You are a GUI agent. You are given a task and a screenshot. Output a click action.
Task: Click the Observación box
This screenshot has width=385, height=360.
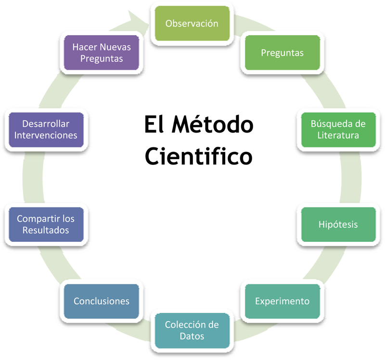(x=192, y=24)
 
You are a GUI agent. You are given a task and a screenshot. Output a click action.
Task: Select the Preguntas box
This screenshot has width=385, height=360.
(x=282, y=53)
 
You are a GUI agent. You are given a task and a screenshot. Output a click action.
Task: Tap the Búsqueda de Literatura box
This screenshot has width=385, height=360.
(x=338, y=130)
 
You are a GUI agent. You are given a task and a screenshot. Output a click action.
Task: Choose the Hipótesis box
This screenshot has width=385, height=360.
(x=338, y=224)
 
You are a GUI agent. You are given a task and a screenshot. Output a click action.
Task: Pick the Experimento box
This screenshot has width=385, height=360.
(x=282, y=301)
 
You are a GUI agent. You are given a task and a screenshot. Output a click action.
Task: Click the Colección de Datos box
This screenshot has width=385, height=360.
(x=192, y=330)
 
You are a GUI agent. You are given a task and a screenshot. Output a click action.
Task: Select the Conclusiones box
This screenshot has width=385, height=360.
(x=101, y=301)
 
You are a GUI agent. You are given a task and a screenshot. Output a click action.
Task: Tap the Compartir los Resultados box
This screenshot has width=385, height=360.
(x=46, y=224)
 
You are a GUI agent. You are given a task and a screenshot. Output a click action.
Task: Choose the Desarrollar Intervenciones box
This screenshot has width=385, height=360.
(x=46, y=130)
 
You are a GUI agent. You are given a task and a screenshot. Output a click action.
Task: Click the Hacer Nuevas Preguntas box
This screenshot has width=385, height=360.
(x=102, y=53)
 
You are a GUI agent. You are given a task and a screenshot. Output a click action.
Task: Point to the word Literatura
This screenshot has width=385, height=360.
(x=338, y=136)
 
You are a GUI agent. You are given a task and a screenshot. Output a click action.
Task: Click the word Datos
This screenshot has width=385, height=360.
(x=192, y=336)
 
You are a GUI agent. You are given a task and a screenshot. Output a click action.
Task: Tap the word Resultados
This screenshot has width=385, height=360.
(x=46, y=230)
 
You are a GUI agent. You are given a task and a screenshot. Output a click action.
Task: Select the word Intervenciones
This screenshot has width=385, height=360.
(x=46, y=136)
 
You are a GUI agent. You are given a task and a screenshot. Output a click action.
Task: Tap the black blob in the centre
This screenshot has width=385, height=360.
(x=195, y=159)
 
